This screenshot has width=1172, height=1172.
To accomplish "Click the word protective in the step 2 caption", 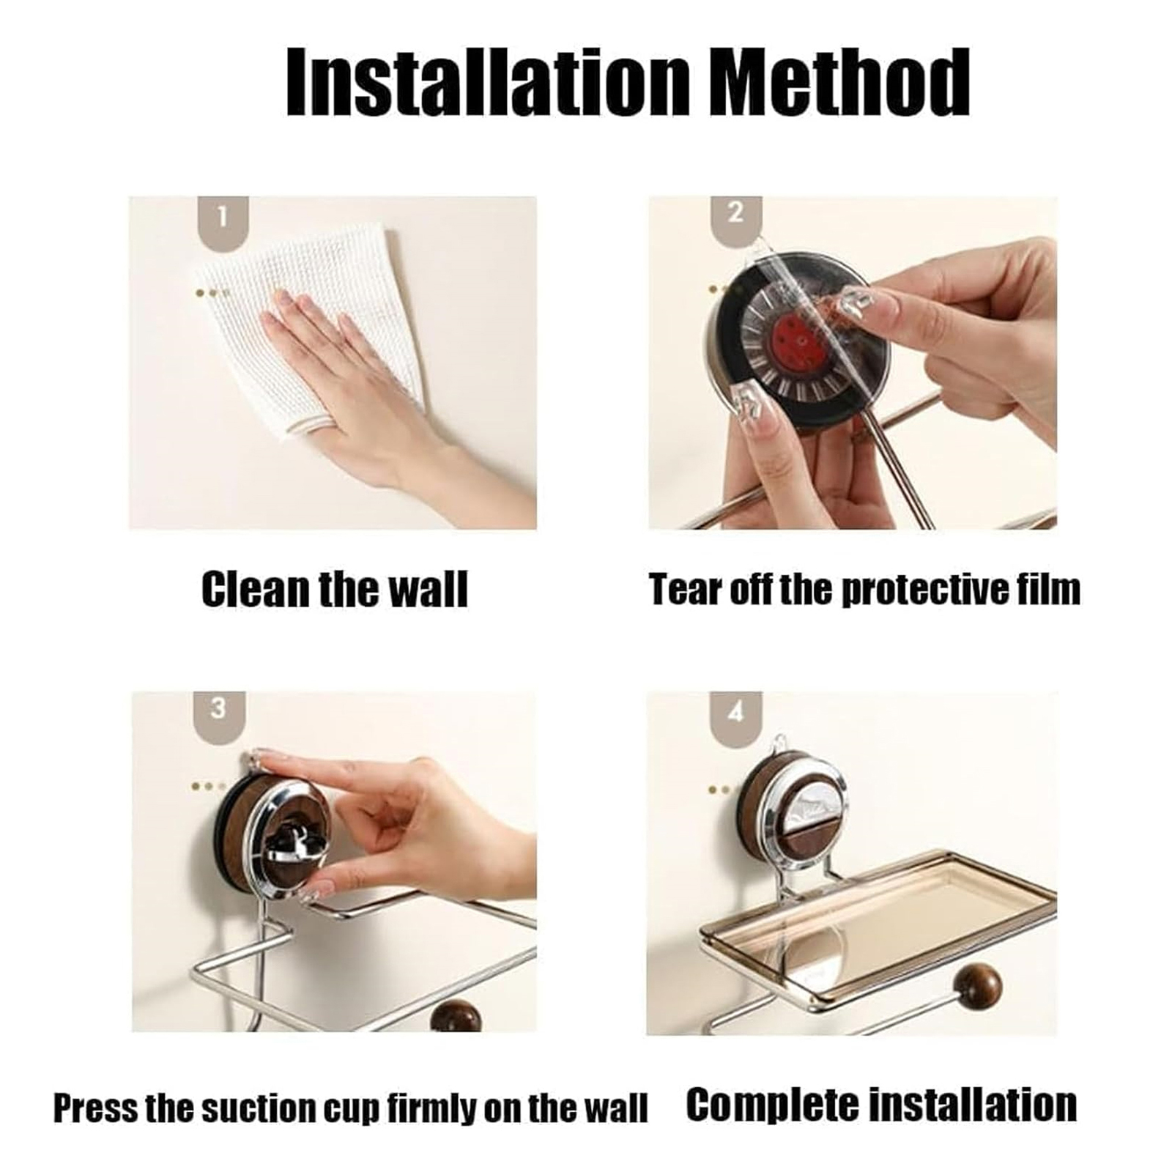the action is coord(927,590).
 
